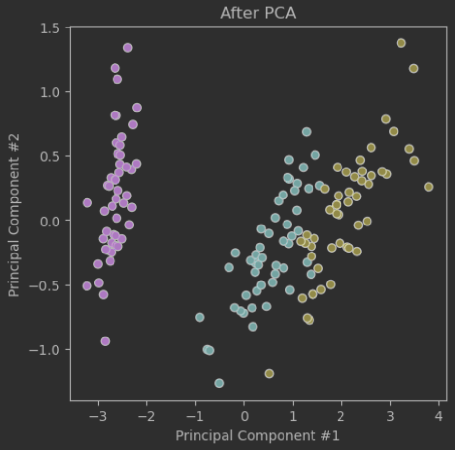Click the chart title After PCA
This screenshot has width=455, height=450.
point(258,13)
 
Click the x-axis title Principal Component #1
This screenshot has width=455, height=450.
point(257,435)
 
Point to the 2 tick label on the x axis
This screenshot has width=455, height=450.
point(341,417)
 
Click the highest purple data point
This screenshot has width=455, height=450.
point(128,48)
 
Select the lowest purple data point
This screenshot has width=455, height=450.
point(105,341)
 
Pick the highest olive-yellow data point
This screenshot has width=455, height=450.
point(401,43)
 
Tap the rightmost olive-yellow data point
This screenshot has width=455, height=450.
point(428,187)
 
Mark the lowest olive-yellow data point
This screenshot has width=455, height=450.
point(269,374)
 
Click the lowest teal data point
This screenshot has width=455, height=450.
point(219,383)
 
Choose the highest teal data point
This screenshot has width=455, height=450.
point(306,132)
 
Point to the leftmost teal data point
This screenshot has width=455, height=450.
point(199,317)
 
